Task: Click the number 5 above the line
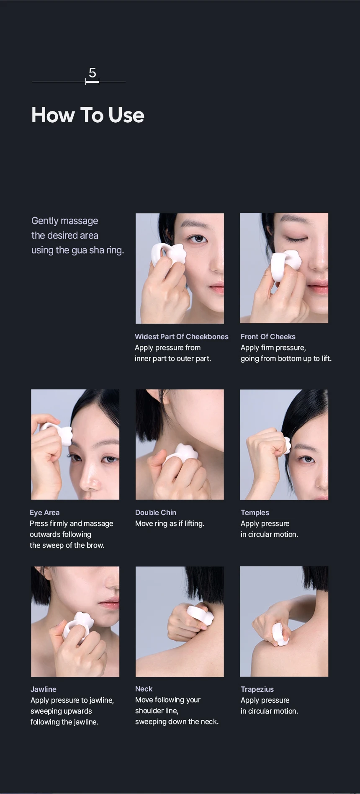93,73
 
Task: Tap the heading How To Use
88,115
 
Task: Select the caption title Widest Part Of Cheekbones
182,337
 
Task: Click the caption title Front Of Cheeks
268,337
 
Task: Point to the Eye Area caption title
45,513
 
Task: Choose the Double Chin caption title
156,513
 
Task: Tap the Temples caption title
255,513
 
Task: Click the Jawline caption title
44,689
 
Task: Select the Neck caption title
144,689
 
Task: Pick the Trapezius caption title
257,689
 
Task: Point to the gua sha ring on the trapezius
280,634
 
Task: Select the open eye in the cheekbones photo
197,238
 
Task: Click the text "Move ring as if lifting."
170,523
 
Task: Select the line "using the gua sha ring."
78,250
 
